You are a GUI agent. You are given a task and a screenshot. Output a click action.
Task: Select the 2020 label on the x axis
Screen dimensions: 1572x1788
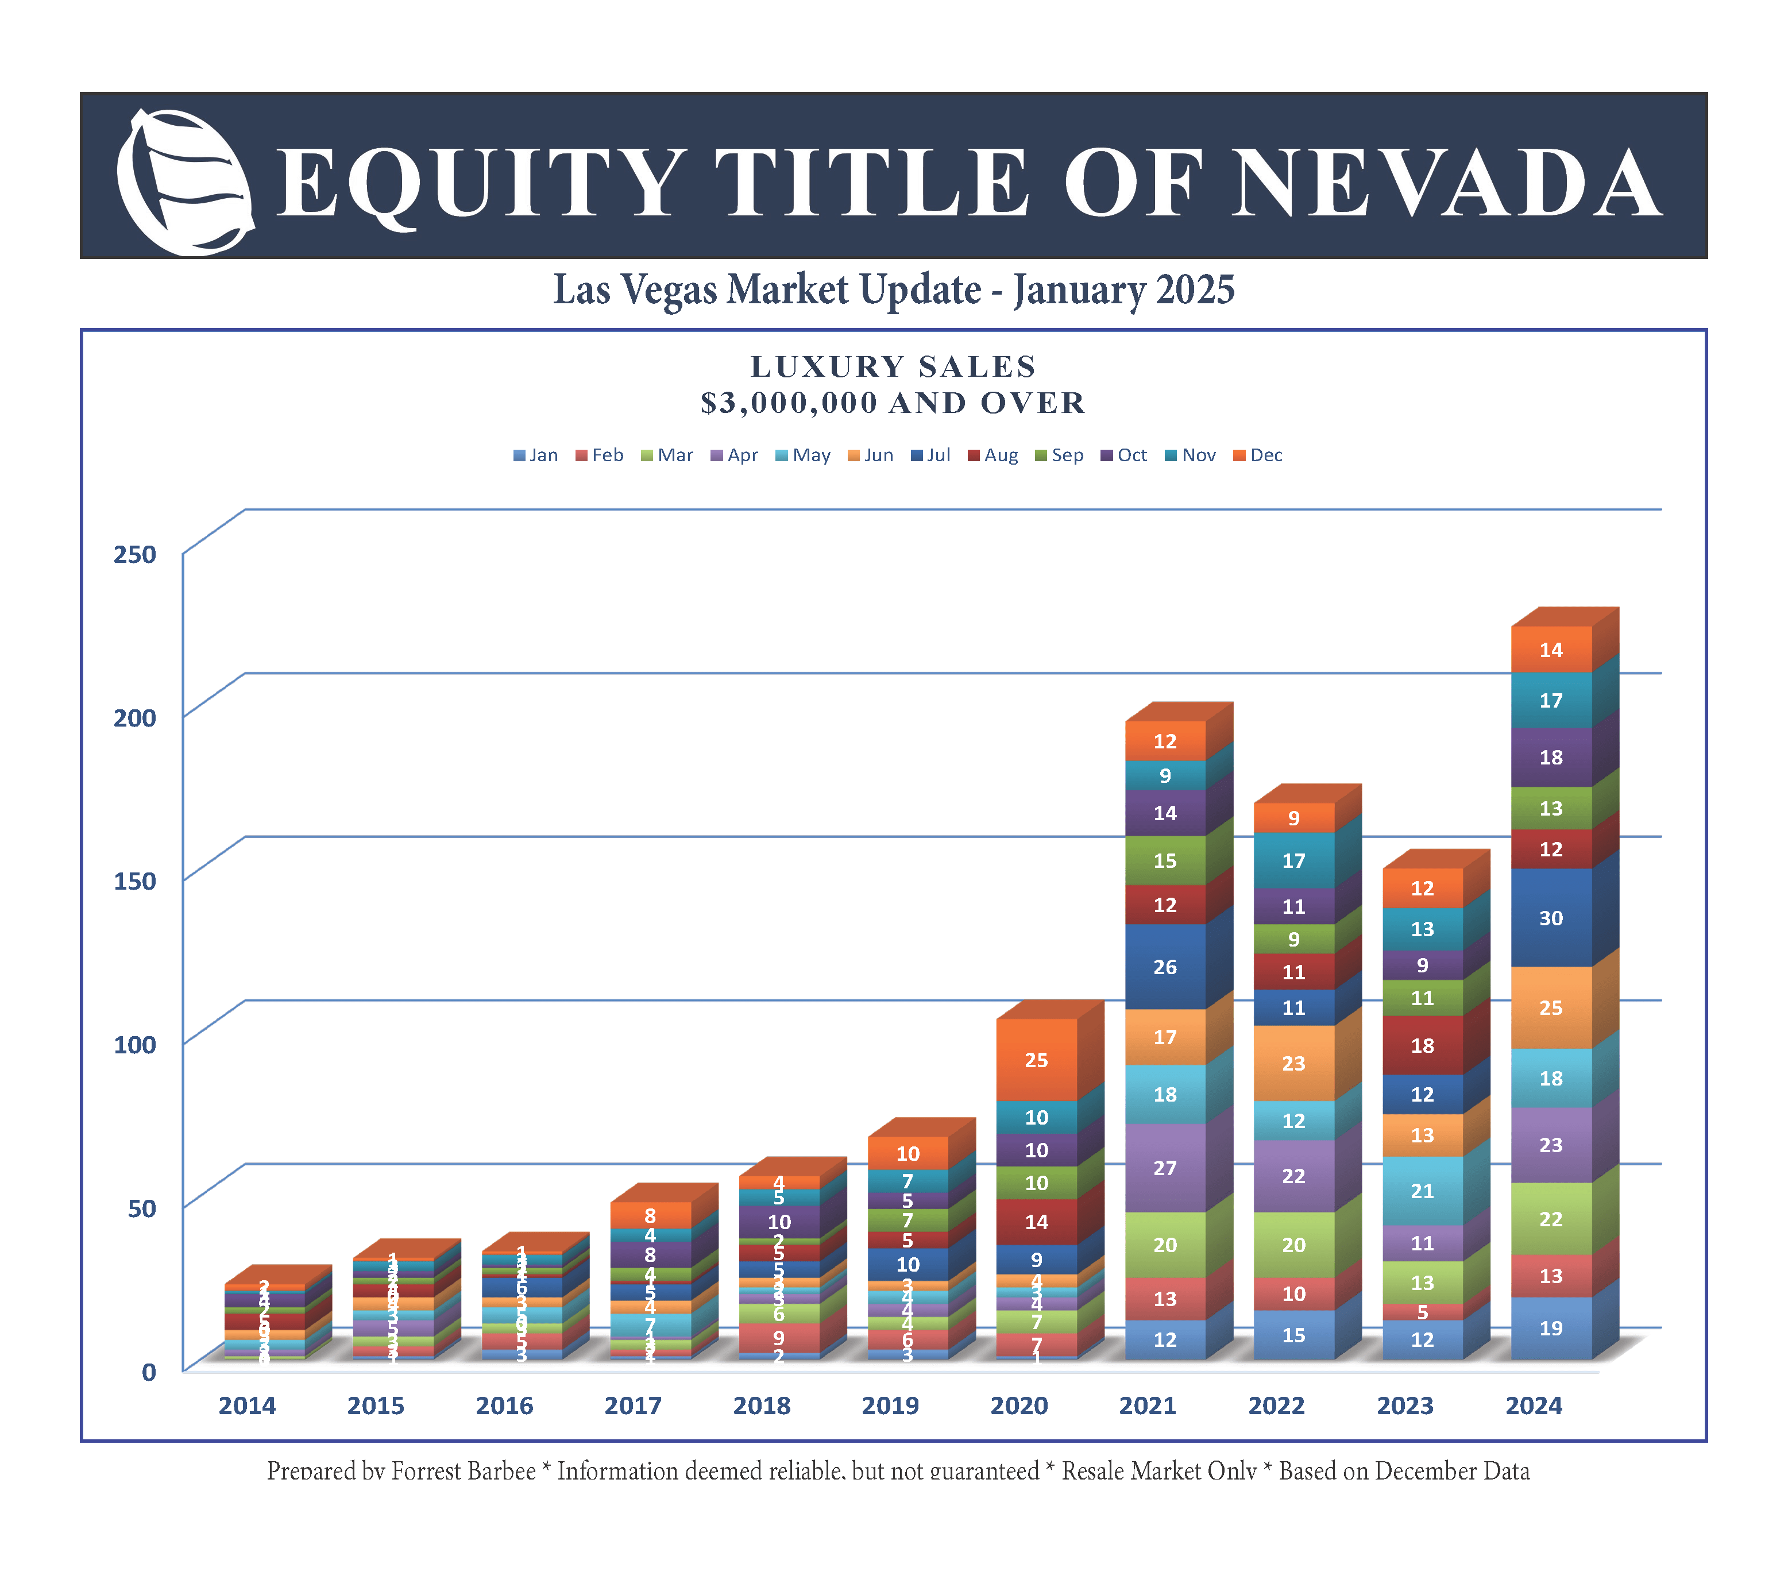[1019, 1406]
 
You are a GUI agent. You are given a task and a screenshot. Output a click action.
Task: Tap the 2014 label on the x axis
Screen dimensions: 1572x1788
[246, 1406]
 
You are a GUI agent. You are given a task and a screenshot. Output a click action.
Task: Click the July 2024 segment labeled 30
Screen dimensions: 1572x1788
[1550, 918]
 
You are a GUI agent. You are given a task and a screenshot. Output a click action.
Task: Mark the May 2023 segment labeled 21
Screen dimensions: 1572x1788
[1422, 1191]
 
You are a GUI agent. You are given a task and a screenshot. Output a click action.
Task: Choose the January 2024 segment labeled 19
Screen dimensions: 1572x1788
[1550, 1328]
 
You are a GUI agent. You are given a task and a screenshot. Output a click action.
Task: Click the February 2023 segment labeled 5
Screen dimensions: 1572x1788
[1422, 1312]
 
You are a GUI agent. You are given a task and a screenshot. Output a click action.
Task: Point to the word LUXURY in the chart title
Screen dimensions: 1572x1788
[818, 366]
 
